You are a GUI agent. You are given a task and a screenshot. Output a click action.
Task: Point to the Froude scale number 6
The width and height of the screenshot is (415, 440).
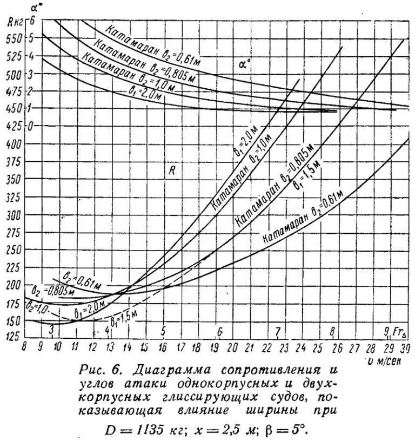(x=219, y=331)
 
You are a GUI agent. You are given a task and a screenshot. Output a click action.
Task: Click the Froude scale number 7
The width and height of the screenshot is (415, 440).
(x=277, y=331)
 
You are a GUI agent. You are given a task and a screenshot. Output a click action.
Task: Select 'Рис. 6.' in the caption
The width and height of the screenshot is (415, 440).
(x=99, y=372)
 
